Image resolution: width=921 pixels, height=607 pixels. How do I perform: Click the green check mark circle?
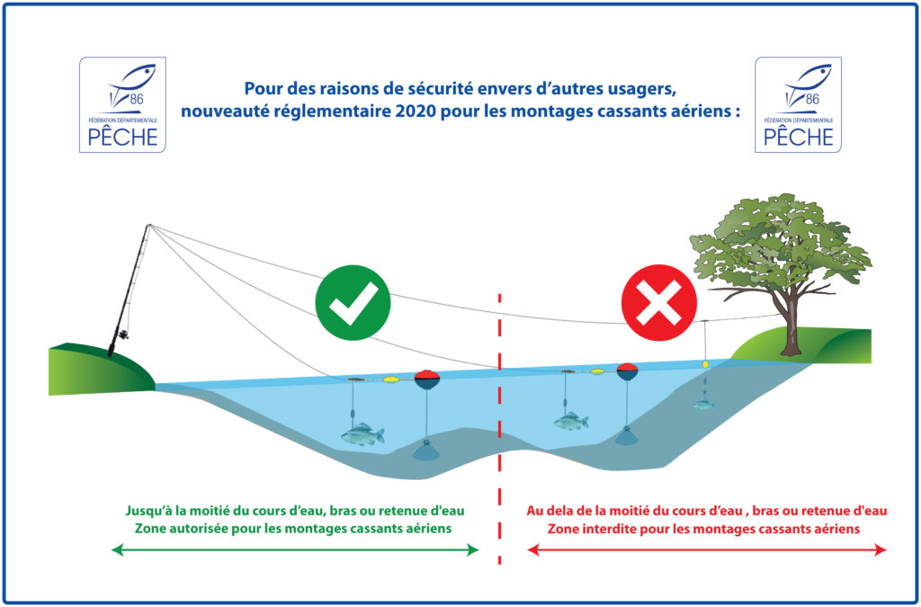point(353,302)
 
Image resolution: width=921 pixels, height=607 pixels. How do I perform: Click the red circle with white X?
point(659,303)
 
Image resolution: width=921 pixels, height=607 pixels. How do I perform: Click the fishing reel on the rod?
point(123,335)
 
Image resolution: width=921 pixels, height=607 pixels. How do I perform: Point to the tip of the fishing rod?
point(149,226)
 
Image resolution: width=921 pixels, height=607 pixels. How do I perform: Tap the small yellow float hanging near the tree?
point(705,364)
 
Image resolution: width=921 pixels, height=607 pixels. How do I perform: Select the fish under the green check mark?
point(362,433)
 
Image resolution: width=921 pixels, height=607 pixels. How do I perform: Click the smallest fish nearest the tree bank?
point(703,405)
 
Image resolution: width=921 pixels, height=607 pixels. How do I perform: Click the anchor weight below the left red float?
point(426,450)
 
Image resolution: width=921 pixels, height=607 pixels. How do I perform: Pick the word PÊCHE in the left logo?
point(122,136)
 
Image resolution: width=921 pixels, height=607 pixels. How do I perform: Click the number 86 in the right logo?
point(812,99)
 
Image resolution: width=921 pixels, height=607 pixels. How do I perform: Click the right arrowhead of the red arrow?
point(880,550)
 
